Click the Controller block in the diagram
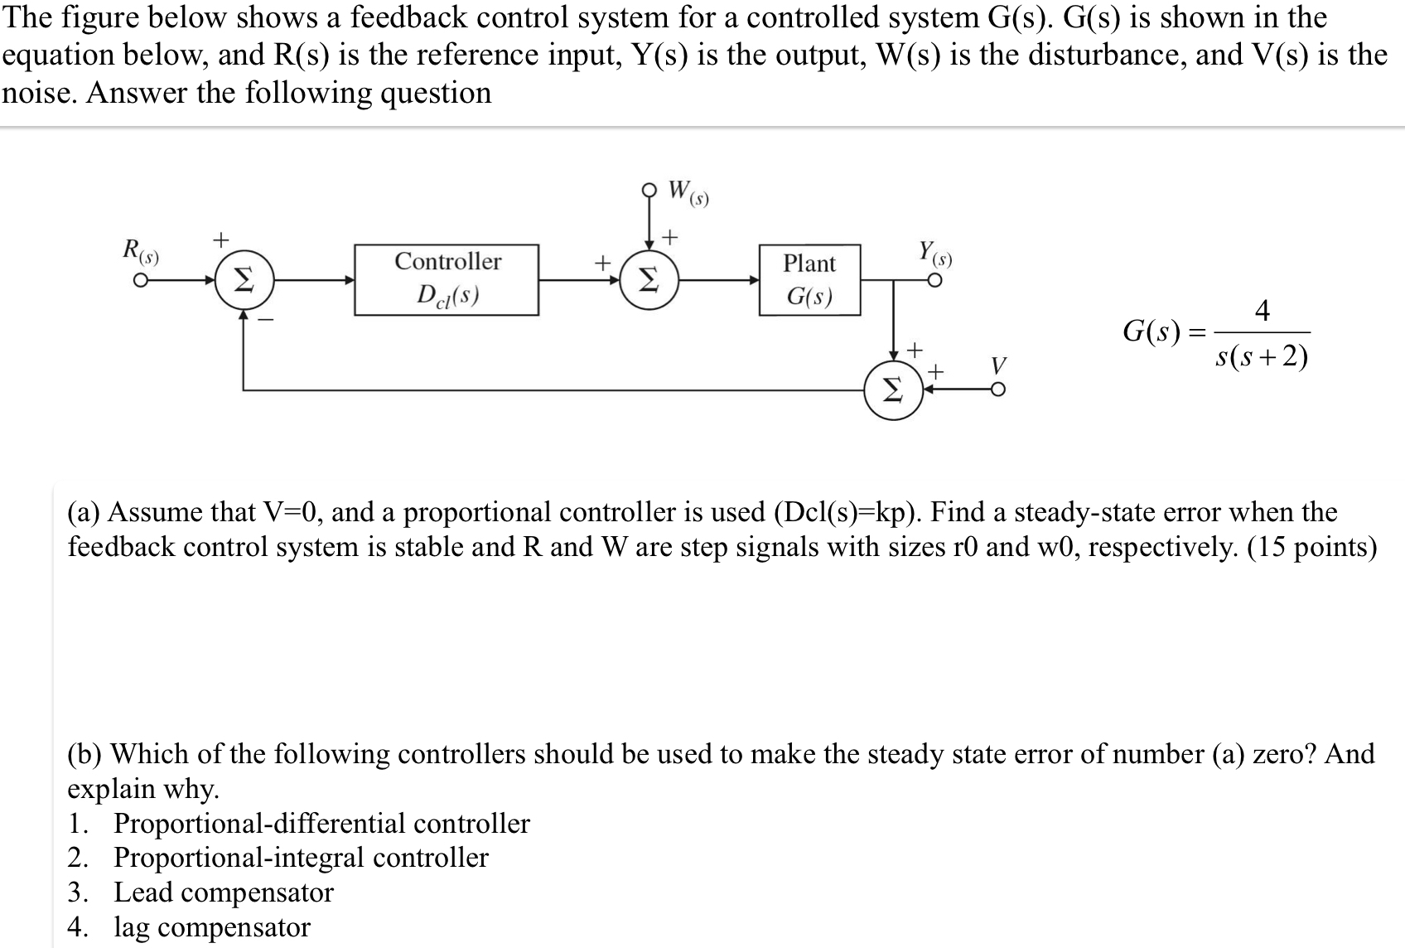[x=447, y=279]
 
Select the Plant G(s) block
[x=809, y=279]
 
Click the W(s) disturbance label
[x=688, y=192]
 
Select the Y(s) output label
[x=934, y=252]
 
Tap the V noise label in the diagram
[x=998, y=365]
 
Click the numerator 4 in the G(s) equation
[x=1262, y=311]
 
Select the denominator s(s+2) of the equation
[x=1262, y=357]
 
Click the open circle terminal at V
[x=999, y=390]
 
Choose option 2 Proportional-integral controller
[x=301, y=857]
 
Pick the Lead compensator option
[x=223, y=892]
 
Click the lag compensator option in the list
[x=211, y=926]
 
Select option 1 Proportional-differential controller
[x=321, y=823]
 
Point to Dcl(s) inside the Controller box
[x=447, y=295]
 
